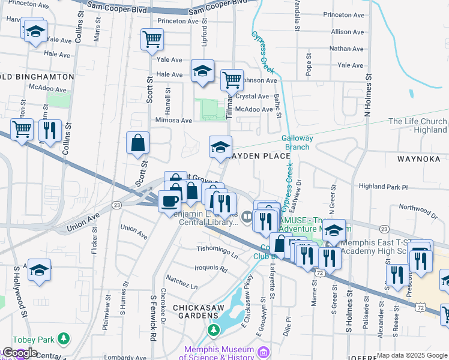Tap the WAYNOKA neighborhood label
[419, 158]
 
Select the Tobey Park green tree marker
[62, 339]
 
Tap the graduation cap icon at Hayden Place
[220, 146]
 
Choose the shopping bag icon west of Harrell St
[137, 143]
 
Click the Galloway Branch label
[295, 142]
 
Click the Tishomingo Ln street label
[217, 248]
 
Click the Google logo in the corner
[19, 353]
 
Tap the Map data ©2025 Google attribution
[412, 355]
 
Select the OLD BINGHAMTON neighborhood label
[37, 77]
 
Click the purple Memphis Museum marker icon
[262, 351]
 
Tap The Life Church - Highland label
[417, 125]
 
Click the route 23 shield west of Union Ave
[116, 205]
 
